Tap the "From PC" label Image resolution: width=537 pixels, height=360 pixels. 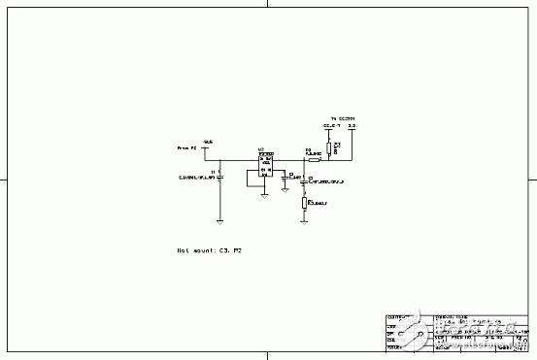[x=186, y=147]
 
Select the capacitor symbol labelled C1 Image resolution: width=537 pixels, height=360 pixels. [x=221, y=176]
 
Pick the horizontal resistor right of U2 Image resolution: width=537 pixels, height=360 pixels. [x=314, y=159]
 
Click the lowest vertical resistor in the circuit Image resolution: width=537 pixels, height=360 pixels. [x=305, y=203]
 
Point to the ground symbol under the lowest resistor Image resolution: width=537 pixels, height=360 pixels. [x=305, y=220]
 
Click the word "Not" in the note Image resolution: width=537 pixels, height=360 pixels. [x=182, y=249]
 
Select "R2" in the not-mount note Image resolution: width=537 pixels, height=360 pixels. [x=235, y=249]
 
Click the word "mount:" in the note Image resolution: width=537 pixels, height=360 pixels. [x=201, y=249]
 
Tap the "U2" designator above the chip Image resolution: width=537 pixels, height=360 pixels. [x=260, y=151]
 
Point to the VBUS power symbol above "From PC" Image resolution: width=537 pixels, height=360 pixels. [x=207, y=141]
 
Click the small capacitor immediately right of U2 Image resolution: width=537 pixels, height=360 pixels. [x=283, y=177]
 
